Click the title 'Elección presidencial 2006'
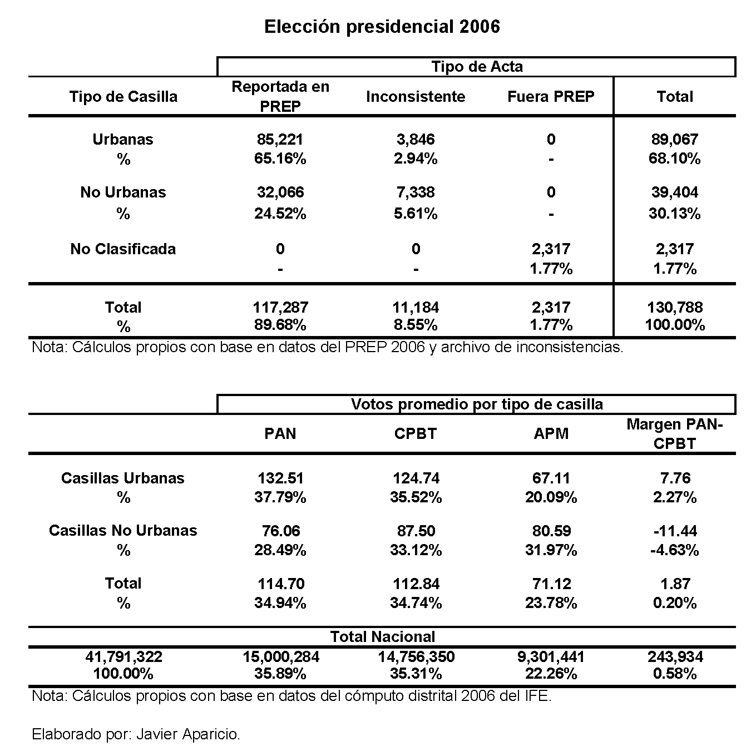click(382, 27)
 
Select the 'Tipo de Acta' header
click(477, 67)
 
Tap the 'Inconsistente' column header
click(416, 97)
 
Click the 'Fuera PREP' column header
click(551, 97)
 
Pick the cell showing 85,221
click(280, 139)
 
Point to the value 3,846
click(416, 139)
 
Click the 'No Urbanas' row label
click(123, 192)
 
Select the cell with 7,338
click(416, 192)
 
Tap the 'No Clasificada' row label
click(123, 249)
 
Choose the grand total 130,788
click(675, 307)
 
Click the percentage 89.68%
click(280, 325)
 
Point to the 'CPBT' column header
click(416, 433)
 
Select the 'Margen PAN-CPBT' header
click(675, 434)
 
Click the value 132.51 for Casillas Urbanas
click(280, 478)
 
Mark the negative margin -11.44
click(675, 531)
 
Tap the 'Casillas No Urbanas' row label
click(123, 531)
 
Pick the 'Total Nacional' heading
click(383, 637)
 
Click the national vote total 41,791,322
click(123, 656)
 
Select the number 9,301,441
click(551, 656)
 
